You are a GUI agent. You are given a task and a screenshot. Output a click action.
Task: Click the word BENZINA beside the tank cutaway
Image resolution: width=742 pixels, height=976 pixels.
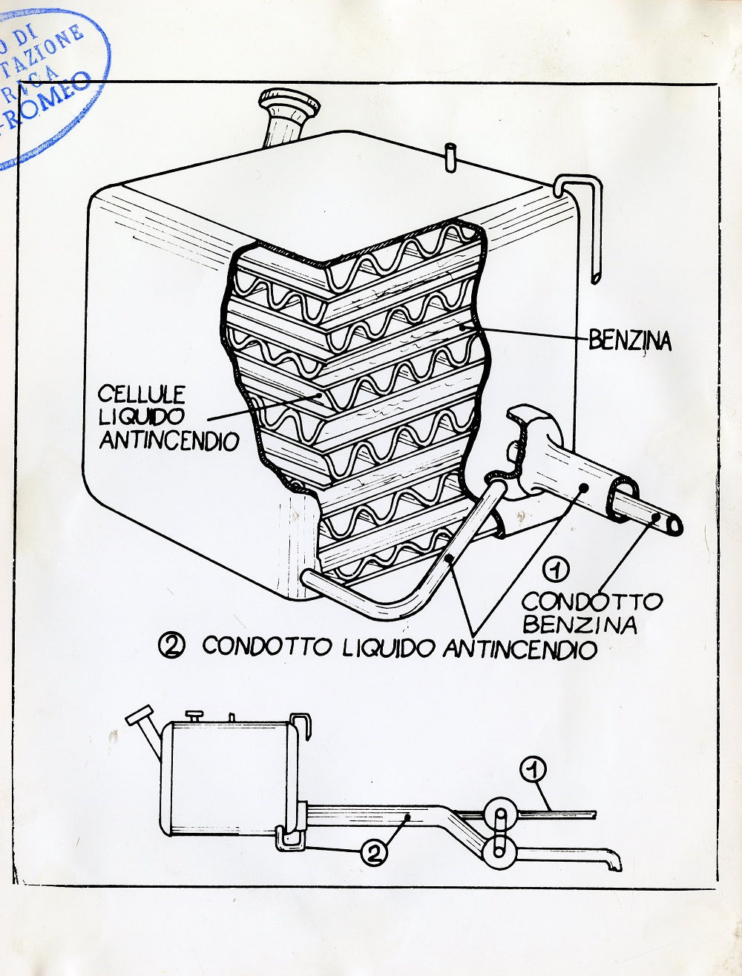(630, 341)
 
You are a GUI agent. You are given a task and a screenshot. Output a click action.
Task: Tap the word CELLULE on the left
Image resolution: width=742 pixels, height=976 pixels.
(138, 390)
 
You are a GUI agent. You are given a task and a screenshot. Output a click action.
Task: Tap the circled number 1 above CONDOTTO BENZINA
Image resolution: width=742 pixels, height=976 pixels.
(557, 570)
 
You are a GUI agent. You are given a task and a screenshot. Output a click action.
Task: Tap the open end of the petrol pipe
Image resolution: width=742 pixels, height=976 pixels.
(674, 524)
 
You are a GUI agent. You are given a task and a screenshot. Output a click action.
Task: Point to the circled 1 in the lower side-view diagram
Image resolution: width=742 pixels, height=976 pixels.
(533, 769)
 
